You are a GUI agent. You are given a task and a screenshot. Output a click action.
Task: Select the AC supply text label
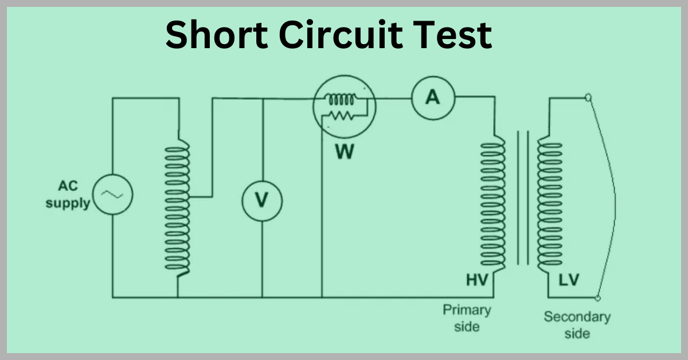(68, 194)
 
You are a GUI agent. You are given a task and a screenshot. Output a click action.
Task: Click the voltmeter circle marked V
(262, 199)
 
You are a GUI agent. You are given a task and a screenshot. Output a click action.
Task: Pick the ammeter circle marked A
(433, 97)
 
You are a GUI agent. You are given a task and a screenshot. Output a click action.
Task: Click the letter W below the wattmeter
(345, 152)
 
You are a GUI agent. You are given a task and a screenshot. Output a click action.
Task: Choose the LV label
(569, 280)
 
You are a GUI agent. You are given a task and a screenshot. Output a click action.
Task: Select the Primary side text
(467, 318)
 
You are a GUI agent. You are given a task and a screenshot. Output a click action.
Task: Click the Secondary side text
(577, 324)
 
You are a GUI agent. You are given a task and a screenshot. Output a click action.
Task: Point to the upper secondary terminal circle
(587, 98)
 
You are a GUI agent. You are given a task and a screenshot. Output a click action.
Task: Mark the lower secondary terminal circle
(597, 298)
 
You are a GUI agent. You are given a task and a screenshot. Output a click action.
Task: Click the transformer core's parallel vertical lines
(522, 198)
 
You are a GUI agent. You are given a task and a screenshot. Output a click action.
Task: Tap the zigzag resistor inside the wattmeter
(342, 116)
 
